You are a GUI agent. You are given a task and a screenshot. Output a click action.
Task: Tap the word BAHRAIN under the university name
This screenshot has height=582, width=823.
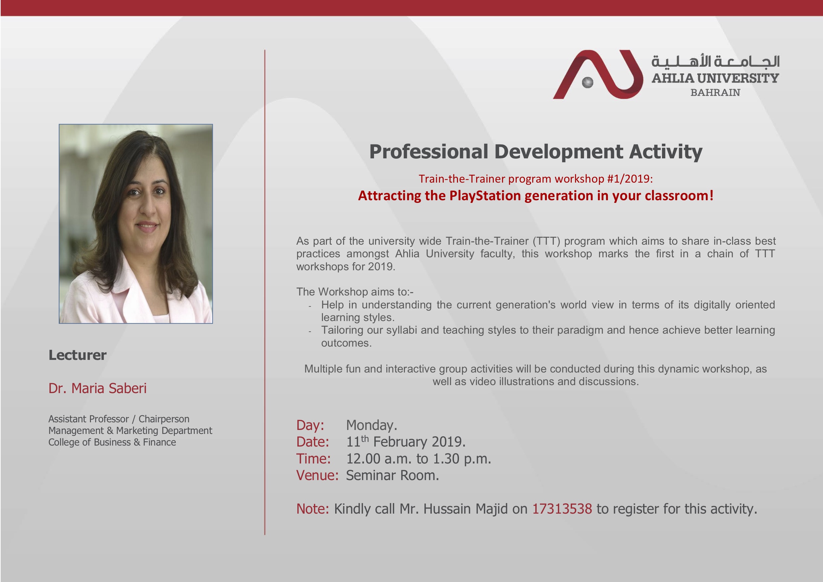point(715,93)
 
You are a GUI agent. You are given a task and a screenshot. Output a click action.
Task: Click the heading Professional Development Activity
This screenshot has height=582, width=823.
point(536,151)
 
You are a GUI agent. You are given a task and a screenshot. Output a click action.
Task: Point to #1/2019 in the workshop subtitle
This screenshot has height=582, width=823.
point(630,179)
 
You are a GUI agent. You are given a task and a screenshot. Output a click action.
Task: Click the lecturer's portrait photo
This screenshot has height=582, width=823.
point(136,224)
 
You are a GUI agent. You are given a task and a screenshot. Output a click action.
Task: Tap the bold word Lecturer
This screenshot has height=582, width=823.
point(77,355)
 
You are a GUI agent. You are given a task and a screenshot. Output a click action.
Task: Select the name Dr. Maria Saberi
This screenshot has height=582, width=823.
point(98,388)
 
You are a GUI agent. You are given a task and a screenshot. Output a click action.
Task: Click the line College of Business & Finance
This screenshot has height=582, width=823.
point(112,442)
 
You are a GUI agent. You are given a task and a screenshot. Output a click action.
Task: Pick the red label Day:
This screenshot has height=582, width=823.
point(310,425)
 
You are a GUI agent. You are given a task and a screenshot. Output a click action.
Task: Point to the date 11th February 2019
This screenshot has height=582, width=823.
point(406,442)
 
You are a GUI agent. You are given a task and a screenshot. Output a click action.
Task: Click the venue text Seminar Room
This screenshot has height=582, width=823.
point(392,475)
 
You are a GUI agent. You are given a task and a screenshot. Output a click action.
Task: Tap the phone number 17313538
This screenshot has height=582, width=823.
point(562,509)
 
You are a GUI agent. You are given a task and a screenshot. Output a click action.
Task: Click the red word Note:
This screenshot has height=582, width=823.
point(313,509)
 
